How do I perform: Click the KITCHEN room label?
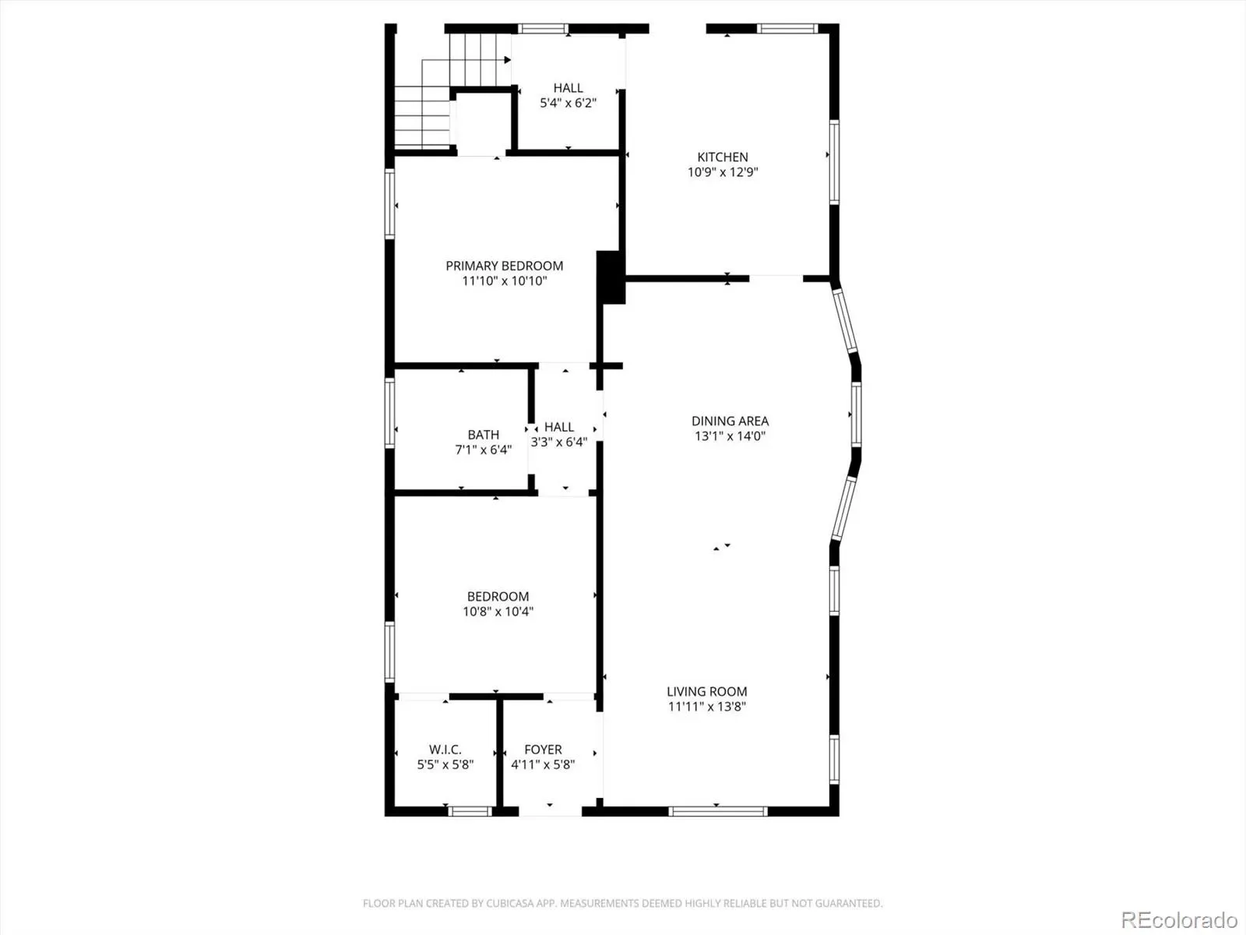pyautogui.click(x=723, y=157)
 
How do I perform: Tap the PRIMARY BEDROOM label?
pyautogui.click(x=504, y=266)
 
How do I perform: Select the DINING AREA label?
pyautogui.click(x=730, y=422)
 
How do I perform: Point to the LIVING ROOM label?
pyautogui.click(x=707, y=691)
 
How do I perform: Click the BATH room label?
pyautogui.click(x=484, y=435)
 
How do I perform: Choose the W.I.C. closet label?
pyautogui.click(x=445, y=750)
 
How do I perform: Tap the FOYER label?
pyautogui.click(x=544, y=750)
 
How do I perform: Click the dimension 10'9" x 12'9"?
pyautogui.click(x=723, y=172)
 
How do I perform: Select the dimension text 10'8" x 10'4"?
pyautogui.click(x=498, y=612)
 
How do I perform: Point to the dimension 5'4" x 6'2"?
pyautogui.click(x=568, y=103)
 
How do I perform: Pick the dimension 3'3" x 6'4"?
pyautogui.click(x=558, y=442)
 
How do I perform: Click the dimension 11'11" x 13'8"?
pyautogui.click(x=707, y=707)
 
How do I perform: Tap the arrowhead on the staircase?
pyautogui.click(x=508, y=60)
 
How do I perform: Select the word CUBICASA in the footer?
pyautogui.click(x=508, y=903)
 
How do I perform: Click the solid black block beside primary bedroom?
pyautogui.click(x=611, y=277)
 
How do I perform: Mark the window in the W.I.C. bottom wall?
pyautogui.click(x=470, y=811)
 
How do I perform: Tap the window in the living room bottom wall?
pyautogui.click(x=718, y=811)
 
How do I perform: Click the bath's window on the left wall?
pyautogui.click(x=390, y=413)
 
